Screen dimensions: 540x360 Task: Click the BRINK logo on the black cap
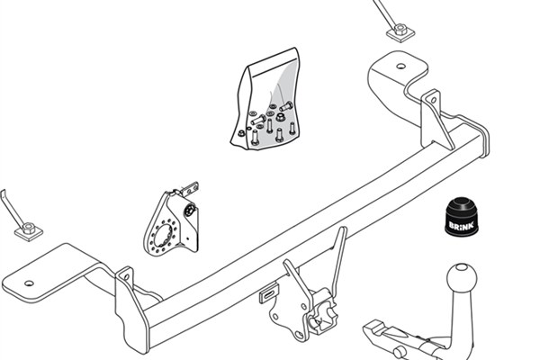pyautogui.click(x=461, y=226)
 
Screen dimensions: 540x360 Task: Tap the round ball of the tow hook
pyautogui.click(x=462, y=278)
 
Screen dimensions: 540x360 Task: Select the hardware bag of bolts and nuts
pyautogui.click(x=265, y=99)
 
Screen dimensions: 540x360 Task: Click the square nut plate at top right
pyautogui.click(x=400, y=32)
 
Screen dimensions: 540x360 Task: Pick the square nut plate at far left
pyautogui.click(x=29, y=231)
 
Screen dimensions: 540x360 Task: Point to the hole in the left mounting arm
pyautogui.click(x=30, y=283)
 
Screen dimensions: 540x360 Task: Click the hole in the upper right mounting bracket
pyautogui.click(x=400, y=66)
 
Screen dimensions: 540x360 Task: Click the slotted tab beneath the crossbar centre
pyautogui.click(x=269, y=293)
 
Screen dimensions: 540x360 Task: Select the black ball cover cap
pyautogui.click(x=461, y=217)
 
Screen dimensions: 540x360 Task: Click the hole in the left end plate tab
pyautogui.click(x=126, y=276)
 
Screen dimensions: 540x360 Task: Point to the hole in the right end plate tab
pyautogui.click(x=433, y=100)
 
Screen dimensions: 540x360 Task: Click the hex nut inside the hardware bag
pyautogui.click(x=280, y=117)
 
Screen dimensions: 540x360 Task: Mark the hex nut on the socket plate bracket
pyautogui.click(x=190, y=210)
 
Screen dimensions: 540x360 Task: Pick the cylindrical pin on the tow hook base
pyautogui.click(x=400, y=353)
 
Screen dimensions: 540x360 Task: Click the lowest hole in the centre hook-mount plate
pyautogui.click(x=300, y=334)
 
